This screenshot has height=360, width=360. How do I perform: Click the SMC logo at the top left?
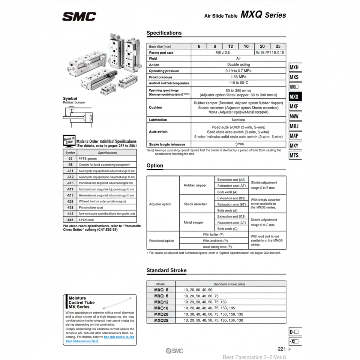click(x=79, y=16)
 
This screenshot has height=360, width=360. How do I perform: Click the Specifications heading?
click(x=164, y=33)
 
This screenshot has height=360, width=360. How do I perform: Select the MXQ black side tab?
click(x=294, y=97)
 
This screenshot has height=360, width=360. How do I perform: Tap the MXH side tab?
click(x=294, y=67)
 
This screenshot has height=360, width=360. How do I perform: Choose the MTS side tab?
click(x=294, y=155)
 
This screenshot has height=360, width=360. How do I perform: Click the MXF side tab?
click(x=294, y=106)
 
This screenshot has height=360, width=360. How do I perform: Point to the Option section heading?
click(x=155, y=166)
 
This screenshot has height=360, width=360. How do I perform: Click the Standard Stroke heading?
click(x=166, y=270)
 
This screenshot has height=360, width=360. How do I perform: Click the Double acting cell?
click(x=238, y=64)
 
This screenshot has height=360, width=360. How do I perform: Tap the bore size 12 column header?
click(x=231, y=46)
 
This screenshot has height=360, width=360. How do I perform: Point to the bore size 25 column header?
click(x=278, y=46)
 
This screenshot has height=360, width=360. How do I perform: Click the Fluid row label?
click(x=153, y=58)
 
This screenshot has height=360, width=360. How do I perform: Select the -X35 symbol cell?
click(x=70, y=201)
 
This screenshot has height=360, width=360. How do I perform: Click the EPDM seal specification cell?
click(x=107, y=219)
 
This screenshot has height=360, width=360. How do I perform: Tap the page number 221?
click(x=282, y=348)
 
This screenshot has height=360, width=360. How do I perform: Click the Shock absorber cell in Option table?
click(x=196, y=204)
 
